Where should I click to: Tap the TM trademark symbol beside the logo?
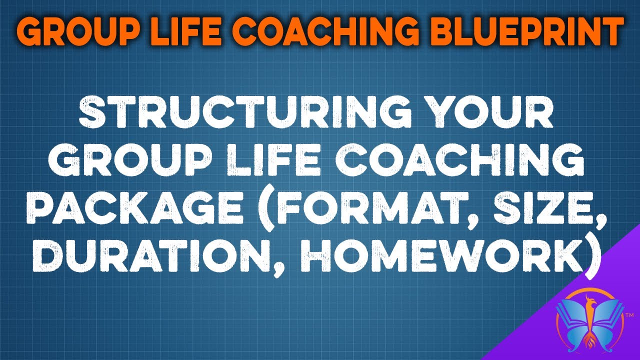[629, 315]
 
